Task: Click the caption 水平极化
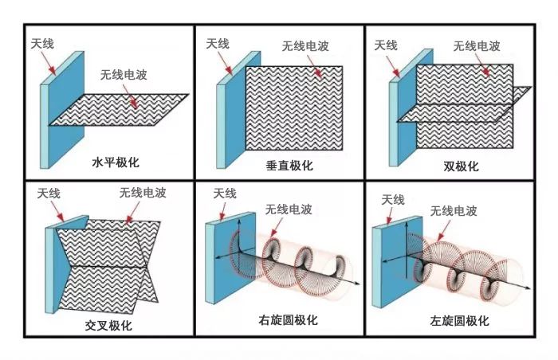[116, 162]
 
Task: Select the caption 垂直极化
[289, 166]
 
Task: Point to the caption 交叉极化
[108, 326]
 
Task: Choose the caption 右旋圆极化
[288, 320]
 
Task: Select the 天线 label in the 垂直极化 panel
[218, 44]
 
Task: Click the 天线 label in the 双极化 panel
[386, 45]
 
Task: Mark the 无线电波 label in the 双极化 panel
[477, 45]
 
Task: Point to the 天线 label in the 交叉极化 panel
[49, 194]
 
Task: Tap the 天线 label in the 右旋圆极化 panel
[224, 194]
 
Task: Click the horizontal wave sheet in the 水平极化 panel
[120, 109]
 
